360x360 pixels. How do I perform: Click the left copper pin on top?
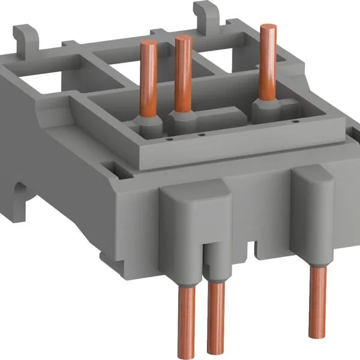click(x=145, y=78)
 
